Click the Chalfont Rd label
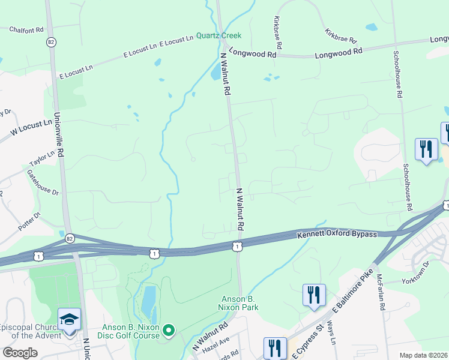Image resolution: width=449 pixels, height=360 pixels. pyautogui.click(x=27, y=29)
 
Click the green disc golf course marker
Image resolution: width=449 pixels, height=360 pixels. pyautogui.click(x=169, y=329)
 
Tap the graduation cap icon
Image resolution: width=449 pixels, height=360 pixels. pyautogui.click(x=69, y=319)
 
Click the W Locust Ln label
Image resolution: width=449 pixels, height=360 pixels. pyautogui.click(x=31, y=127)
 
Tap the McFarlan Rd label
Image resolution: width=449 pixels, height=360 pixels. pyautogui.click(x=381, y=291)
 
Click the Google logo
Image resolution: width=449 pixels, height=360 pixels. pyautogui.click(x=20, y=353)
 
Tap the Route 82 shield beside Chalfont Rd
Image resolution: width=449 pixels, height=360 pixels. pyautogui.click(x=52, y=42)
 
